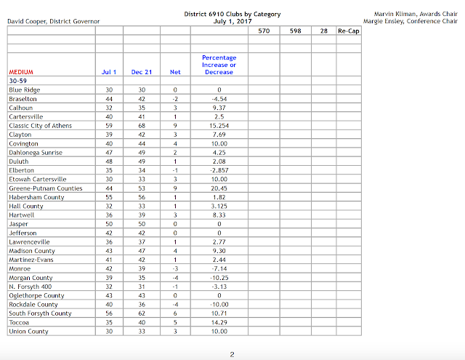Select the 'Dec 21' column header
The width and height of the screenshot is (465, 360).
tap(141, 72)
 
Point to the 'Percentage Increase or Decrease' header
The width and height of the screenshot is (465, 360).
tap(219, 65)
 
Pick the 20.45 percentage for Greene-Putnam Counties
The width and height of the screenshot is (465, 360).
tap(219, 188)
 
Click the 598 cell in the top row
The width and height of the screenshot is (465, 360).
tap(295, 31)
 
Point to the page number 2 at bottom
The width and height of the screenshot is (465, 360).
tap(231, 353)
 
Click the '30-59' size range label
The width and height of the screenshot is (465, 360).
tap(18, 82)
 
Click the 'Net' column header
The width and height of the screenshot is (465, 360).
tap(174, 72)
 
